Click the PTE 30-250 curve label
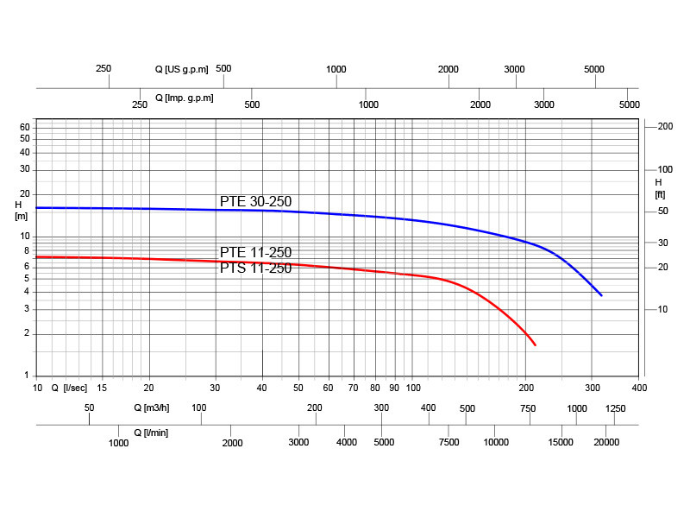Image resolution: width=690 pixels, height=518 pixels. click(255, 201)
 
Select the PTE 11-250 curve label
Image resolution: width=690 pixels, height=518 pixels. click(255, 252)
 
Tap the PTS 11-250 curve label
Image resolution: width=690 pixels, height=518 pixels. click(255, 268)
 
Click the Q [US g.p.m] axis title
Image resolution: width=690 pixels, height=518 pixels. click(181, 69)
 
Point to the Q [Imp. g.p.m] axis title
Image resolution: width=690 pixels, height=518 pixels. click(184, 98)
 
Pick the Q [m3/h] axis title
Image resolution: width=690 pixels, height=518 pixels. click(151, 407)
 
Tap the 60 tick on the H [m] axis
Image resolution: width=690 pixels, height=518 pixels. click(25, 127)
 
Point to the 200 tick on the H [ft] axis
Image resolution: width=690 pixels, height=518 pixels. click(665, 127)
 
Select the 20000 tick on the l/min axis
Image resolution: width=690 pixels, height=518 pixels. click(606, 443)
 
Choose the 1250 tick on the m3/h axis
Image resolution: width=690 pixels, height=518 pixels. click(616, 408)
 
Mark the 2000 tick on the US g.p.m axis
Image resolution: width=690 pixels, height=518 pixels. click(448, 69)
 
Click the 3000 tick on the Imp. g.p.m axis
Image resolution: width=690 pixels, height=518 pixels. click(544, 104)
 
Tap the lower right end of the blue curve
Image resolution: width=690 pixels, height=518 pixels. click(601, 295)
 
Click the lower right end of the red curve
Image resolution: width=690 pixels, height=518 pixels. click(536, 345)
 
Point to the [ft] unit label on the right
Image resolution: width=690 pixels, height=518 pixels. click(661, 194)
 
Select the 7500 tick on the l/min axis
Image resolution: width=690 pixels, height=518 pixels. click(448, 443)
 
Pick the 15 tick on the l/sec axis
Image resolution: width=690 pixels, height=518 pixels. click(103, 388)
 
